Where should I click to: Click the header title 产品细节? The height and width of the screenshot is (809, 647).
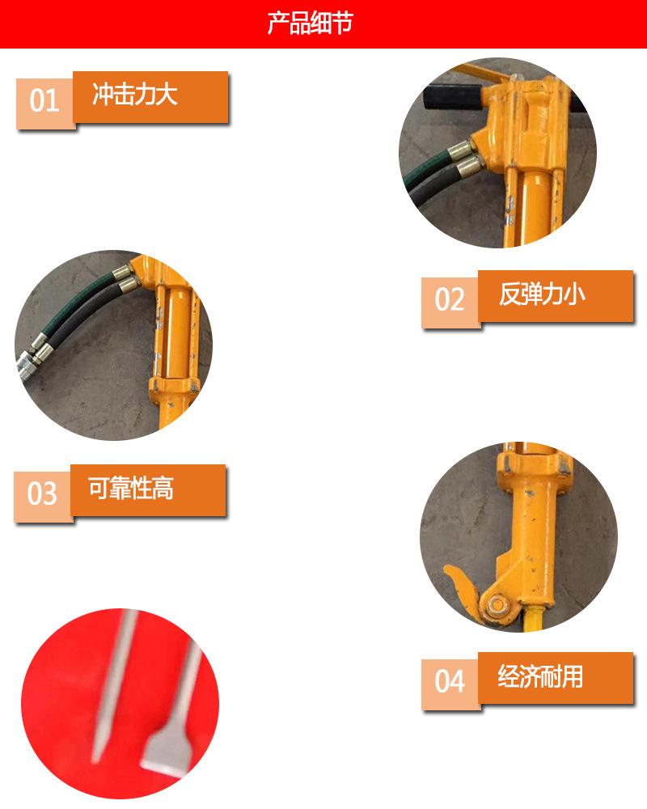pyautogui.click(x=311, y=23)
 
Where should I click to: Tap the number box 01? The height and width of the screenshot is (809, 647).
pyautogui.click(x=45, y=101)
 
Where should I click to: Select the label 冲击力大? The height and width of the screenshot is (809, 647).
pyautogui.click(x=134, y=95)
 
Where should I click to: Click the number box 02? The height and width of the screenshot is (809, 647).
pyautogui.click(x=450, y=299)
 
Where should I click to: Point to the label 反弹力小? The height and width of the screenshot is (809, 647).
pyautogui.click(x=541, y=294)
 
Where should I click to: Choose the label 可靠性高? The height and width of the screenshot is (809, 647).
pyautogui.click(x=131, y=489)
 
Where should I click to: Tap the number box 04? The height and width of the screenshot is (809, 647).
pyautogui.click(x=450, y=681)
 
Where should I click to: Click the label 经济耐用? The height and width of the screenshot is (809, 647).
pyautogui.click(x=540, y=676)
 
